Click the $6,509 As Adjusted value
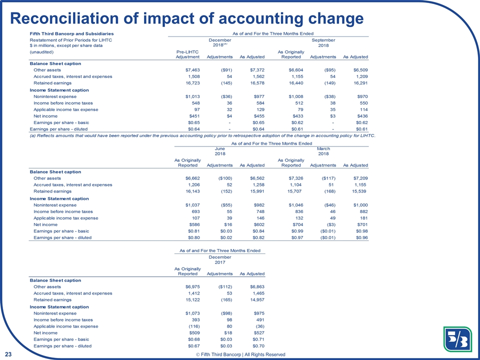pyautogui.click(x=357, y=70)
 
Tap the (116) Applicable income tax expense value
pyautogui.click(x=192, y=326)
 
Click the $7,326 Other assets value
pyautogui.click(x=291, y=178)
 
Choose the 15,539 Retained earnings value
pyautogui.click(x=356, y=191)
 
